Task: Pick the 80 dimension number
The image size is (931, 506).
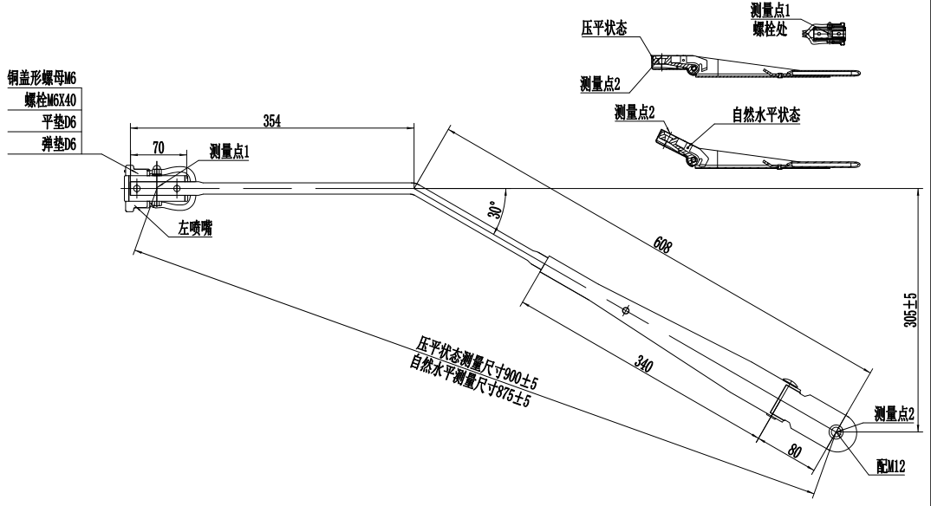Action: pyautogui.click(x=794, y=450)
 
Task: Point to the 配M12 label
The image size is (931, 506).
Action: pyautogui.click(x=890, y=467)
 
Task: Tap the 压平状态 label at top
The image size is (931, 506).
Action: pyautogui.click(x=601, y=29)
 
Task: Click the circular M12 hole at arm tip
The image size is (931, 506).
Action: pyautogui.click(x=837, y=432)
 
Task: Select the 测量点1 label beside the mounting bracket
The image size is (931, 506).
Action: pyautogui.click(x=229, y=152)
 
